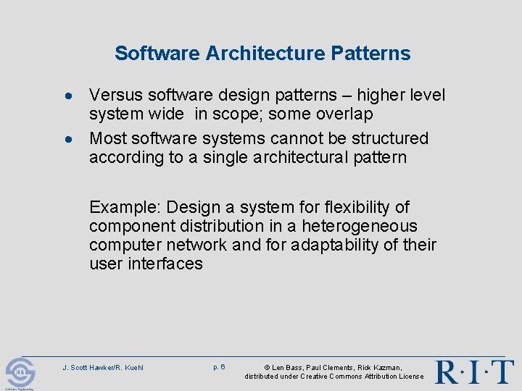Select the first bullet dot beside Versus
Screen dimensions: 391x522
click(67, 96)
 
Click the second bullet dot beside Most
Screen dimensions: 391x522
click(67, 139)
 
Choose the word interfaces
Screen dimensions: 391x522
click(166, 264)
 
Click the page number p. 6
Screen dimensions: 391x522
click(219, 367)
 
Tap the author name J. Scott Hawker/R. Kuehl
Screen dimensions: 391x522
click(103, 368)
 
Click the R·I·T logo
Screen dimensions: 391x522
click(474, 371)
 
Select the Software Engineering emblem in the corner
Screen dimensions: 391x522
click(20, 374)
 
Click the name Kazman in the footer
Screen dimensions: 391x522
click(385, 368)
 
